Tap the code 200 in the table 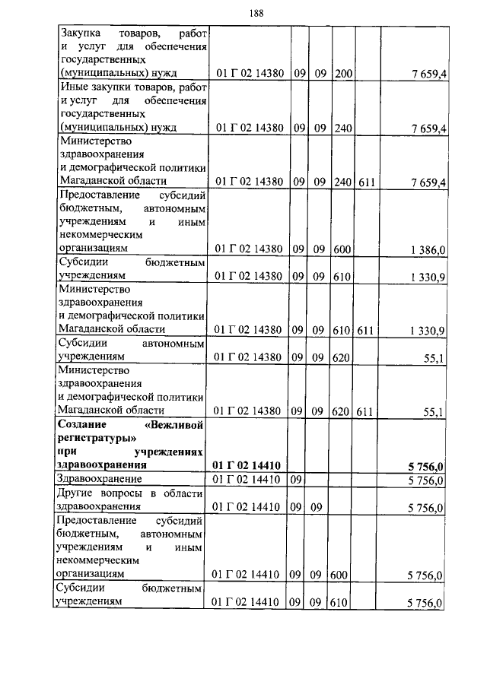point(342,75)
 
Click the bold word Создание point(84,423)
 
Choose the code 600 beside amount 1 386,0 point(342,249)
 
